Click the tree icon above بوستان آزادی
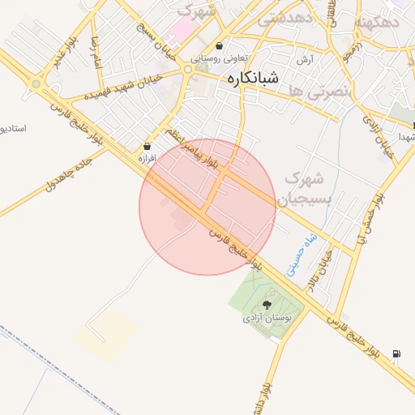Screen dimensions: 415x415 (x=267, y=305)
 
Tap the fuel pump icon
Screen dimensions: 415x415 (x=396, y=353)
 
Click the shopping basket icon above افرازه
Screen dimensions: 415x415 (x=147, y=146)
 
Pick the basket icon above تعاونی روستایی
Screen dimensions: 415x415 (x=220, y=46)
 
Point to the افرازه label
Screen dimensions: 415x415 (x=147, y=158)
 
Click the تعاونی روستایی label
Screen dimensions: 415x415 (x=220, y=58)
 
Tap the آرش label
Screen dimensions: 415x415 (x=305, y=59)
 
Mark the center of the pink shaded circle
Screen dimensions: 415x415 (x=207, y=207)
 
